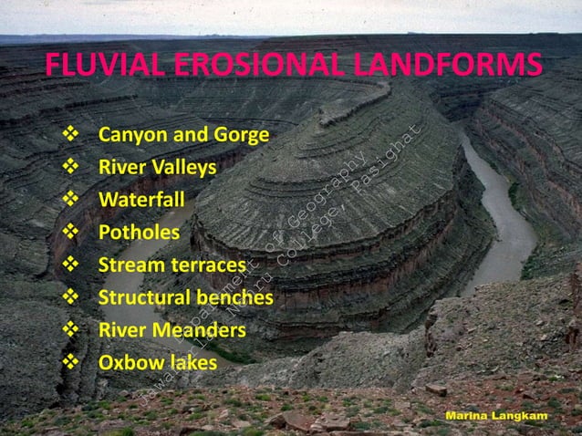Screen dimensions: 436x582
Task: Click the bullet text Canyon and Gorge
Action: coord(183,137)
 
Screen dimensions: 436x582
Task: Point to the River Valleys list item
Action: coord(157,169)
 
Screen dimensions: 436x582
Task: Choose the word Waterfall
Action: coord(141,200)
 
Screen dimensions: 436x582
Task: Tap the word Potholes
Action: coord(139,232)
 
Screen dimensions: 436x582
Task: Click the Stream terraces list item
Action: coord(172,265)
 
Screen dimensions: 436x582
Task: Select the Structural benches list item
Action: coord(185,297)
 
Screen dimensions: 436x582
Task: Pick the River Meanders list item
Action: coord(171,329)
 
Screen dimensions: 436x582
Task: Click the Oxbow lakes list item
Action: coord(158,362)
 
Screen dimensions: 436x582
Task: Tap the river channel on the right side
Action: coord(507,228)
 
